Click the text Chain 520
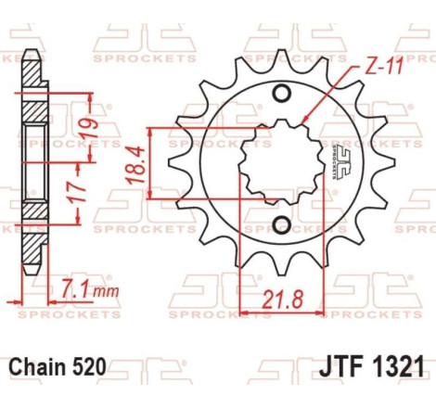[x=57, y=367]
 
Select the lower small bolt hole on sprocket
[x=282, y=223]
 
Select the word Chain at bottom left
[x=36, y=367]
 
